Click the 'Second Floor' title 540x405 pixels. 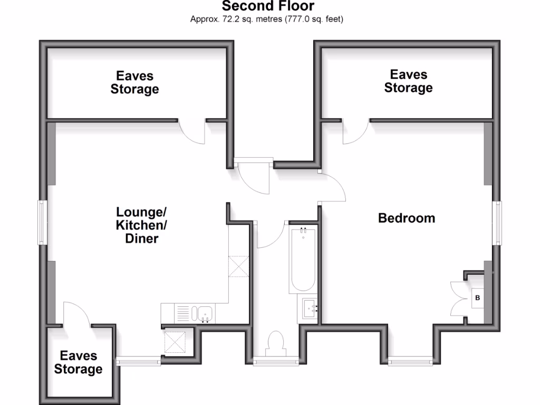click(x=268, y=6)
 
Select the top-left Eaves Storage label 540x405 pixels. click(x=134, y=82)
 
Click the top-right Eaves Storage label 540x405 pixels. click(x=408, y=81)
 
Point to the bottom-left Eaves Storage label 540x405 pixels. click(x=78, y=362)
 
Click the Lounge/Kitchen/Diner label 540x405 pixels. click(x=141, y=225)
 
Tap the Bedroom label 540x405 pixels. click(x=407, y=218)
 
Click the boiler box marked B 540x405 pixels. click(x=477, y=298)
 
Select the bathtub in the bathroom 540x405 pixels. click(x=303, y=258)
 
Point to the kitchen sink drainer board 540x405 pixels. click(x=182, y=314)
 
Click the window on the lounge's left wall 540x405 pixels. click(x=41, y=222)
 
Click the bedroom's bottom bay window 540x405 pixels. click(x=411, y=362)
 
